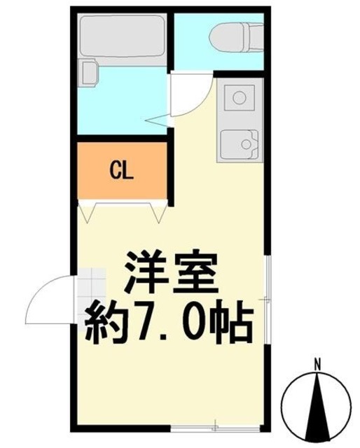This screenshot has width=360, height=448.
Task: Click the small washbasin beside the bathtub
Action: pyautogui.click(x=88, y=72)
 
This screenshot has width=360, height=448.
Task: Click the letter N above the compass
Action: pyautogui.click(x=317, y=364)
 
